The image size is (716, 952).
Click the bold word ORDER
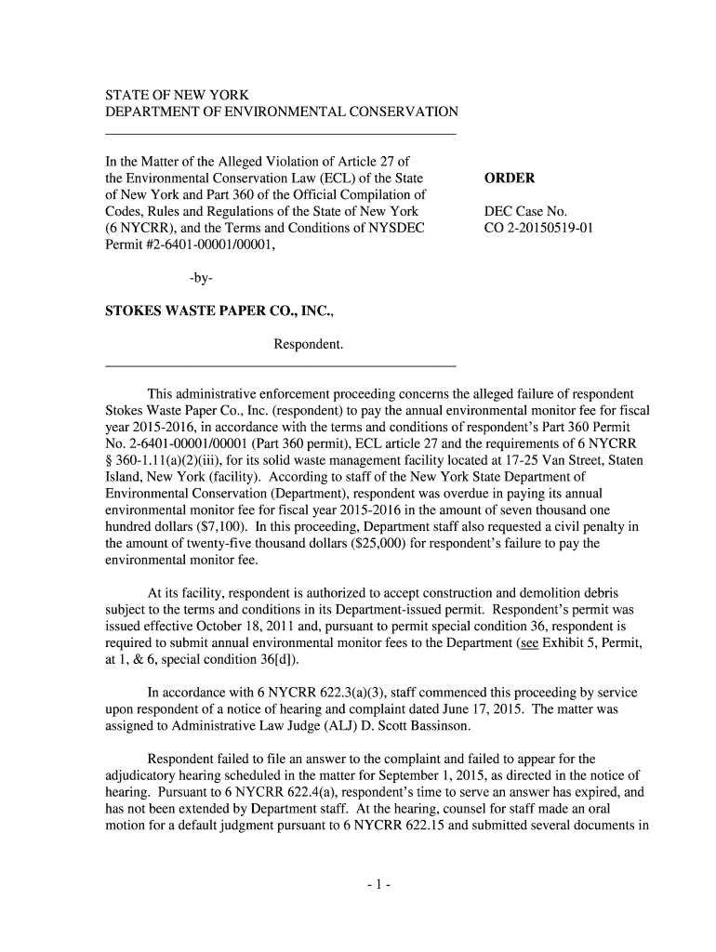pyautogui.click(x=510, y=178)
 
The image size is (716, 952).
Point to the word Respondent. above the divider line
pyautogui.click(x=309, y=345)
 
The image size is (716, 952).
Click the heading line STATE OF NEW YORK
pyautogui.click(x=176, y=95)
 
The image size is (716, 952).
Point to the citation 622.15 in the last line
pyautogui.click(x=427, y=826)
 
